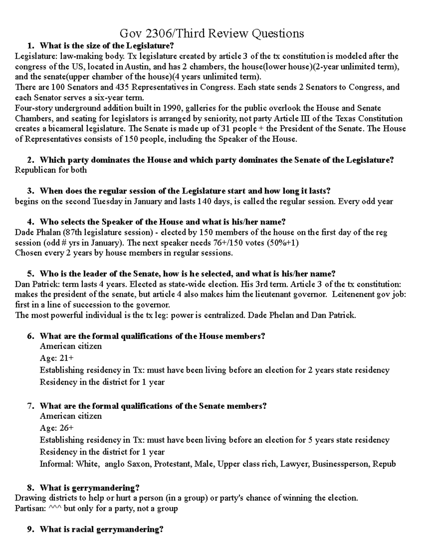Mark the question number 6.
point(30,336)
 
